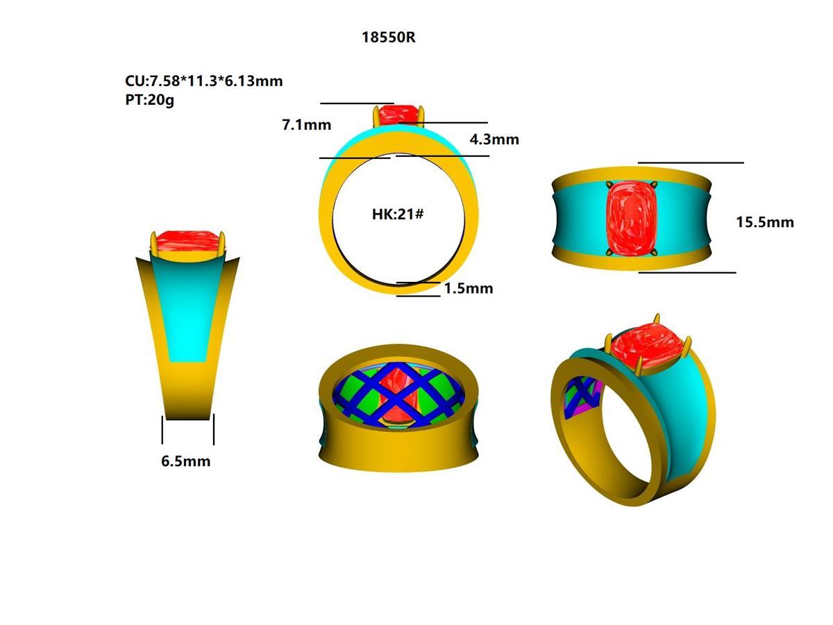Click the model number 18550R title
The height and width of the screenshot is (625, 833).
pos(388,37)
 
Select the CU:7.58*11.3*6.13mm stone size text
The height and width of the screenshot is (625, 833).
pos(203,81)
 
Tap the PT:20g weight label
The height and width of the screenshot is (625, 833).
pos(150,99)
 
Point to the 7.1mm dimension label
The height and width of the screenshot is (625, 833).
pos(305,126)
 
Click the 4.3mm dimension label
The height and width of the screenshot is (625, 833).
pos(494,140)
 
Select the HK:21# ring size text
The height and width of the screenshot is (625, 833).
pos(398,214)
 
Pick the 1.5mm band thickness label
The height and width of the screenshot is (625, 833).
pos(468,288)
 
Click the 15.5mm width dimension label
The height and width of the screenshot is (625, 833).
pos(764,222)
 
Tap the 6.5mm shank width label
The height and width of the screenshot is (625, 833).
pos(185,461)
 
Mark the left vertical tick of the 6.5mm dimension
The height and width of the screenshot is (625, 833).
pos(162,430)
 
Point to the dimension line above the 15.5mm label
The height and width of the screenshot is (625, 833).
pos(690,162)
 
